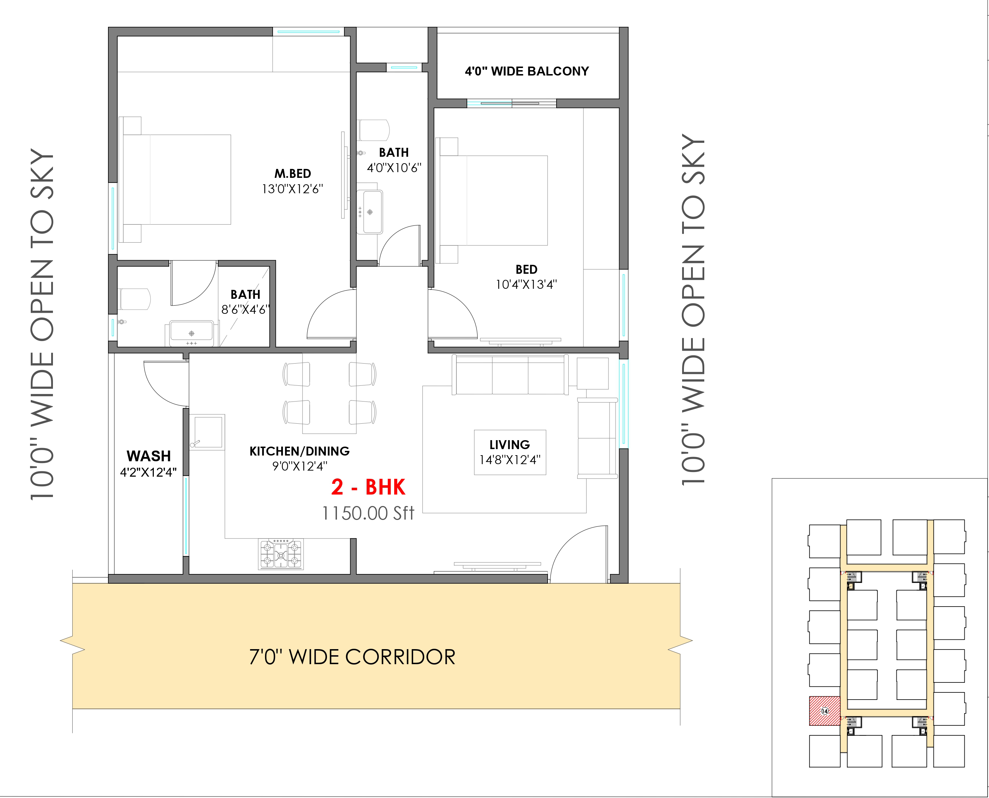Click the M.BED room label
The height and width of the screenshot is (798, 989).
tap(293, 174)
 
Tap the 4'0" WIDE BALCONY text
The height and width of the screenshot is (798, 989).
tap(527, 71)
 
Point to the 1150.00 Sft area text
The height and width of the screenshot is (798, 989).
tap(368, 513)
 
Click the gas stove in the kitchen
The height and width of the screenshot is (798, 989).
tap(281, 554)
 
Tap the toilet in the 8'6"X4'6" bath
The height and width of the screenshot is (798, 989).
tap(134, 299)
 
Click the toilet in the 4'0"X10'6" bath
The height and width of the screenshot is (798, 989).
tap(373, 130)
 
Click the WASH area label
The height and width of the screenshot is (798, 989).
tap(148, 456)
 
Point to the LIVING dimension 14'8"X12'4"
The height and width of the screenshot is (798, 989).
tap(510, 460)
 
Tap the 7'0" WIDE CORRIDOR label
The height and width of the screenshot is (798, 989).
tap(352, 657)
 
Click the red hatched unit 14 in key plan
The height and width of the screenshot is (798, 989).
tap(824, 711)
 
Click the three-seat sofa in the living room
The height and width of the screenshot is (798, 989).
tap(510, 375)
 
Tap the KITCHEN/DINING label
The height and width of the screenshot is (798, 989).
tap(299, 451)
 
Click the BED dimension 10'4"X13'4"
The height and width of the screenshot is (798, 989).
tap(527, 284)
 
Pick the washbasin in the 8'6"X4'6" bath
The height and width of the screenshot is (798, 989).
tap(192, 333)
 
